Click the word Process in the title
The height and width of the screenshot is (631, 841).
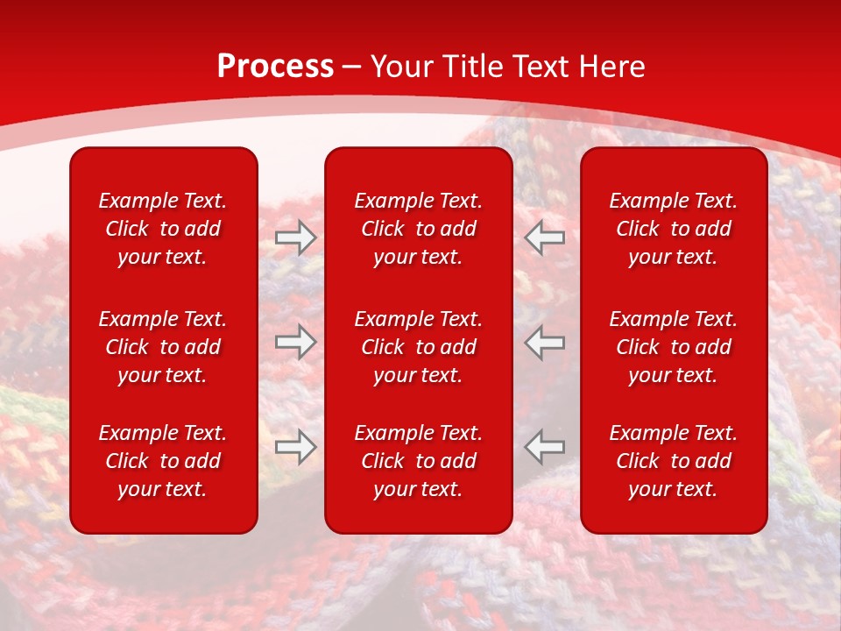coord(275,67)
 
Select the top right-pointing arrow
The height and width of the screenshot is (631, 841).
coord(295,238)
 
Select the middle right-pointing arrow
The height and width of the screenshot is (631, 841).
coord(295,342)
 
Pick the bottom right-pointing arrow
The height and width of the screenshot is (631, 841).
coord(295,446)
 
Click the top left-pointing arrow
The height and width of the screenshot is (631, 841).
coord(545,238)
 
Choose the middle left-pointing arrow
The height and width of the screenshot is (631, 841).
coord(545,342)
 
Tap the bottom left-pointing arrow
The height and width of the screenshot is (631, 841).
coord(545,446)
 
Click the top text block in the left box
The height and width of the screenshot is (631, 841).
coord(163,229)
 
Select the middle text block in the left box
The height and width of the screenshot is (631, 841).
coord(163,347)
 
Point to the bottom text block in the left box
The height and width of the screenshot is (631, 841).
coord(163,461)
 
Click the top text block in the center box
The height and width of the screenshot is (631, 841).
coord(418,229)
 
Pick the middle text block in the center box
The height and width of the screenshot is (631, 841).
coord(418,347)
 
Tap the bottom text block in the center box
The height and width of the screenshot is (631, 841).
coord(418,461)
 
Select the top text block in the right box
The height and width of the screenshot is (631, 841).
coord(673,229)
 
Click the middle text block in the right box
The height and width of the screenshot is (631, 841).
coord(673,347)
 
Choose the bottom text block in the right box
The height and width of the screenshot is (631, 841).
coord(673,461)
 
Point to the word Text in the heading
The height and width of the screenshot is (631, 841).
coord(539,67)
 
